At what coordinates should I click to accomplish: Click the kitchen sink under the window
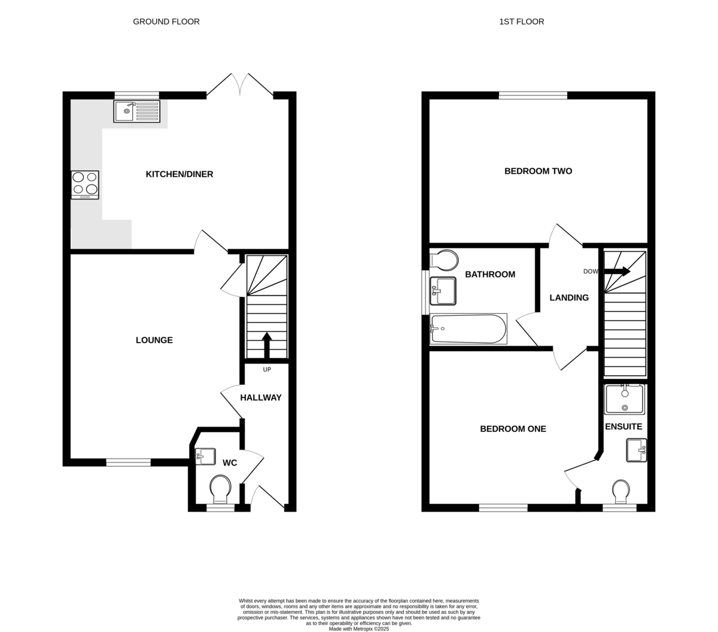pyautogui.click(x=136, y=111)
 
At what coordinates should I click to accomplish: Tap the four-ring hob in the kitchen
pyautogui.click(x=85, y=185)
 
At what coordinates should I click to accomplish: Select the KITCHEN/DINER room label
pyautogui.click(x=180, y=174)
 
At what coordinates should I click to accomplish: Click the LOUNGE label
pyautogui.click(x=154, y=340)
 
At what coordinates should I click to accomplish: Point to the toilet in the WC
pyautogui.click(x=220, y=489)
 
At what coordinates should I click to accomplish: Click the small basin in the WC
pyautogui.click(x=205, y=456)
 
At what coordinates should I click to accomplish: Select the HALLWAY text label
pyautogui.click(x=261, y=397)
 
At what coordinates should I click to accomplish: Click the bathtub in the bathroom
pyautogui.click(x=468, y=329)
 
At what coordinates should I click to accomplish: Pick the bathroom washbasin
pyautogui.click(x=443, y=291)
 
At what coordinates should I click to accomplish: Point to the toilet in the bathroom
pyautogui.click(x=444, y=261)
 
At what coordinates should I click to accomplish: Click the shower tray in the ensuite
pyautogui.click(x=624, y=399)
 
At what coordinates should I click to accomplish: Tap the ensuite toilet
pyautogui.click(x=620, y=491)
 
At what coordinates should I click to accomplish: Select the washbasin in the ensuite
pyautogui.click(x=637, y=450)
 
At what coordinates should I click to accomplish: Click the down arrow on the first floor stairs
pyautogui.click(x=617, y=271)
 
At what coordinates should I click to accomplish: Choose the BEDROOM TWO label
pyautogui.click(x=538, y=171)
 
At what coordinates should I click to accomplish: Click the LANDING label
pyautogui.click(x=569, y=298)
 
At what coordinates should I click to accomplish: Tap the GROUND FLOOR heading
pyautogui.click(x=166, y=22)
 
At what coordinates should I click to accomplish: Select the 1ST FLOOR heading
pyautogui.click(x=521, y=22)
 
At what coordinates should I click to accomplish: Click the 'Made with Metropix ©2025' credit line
pyautogui.click(x=358, y=629)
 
